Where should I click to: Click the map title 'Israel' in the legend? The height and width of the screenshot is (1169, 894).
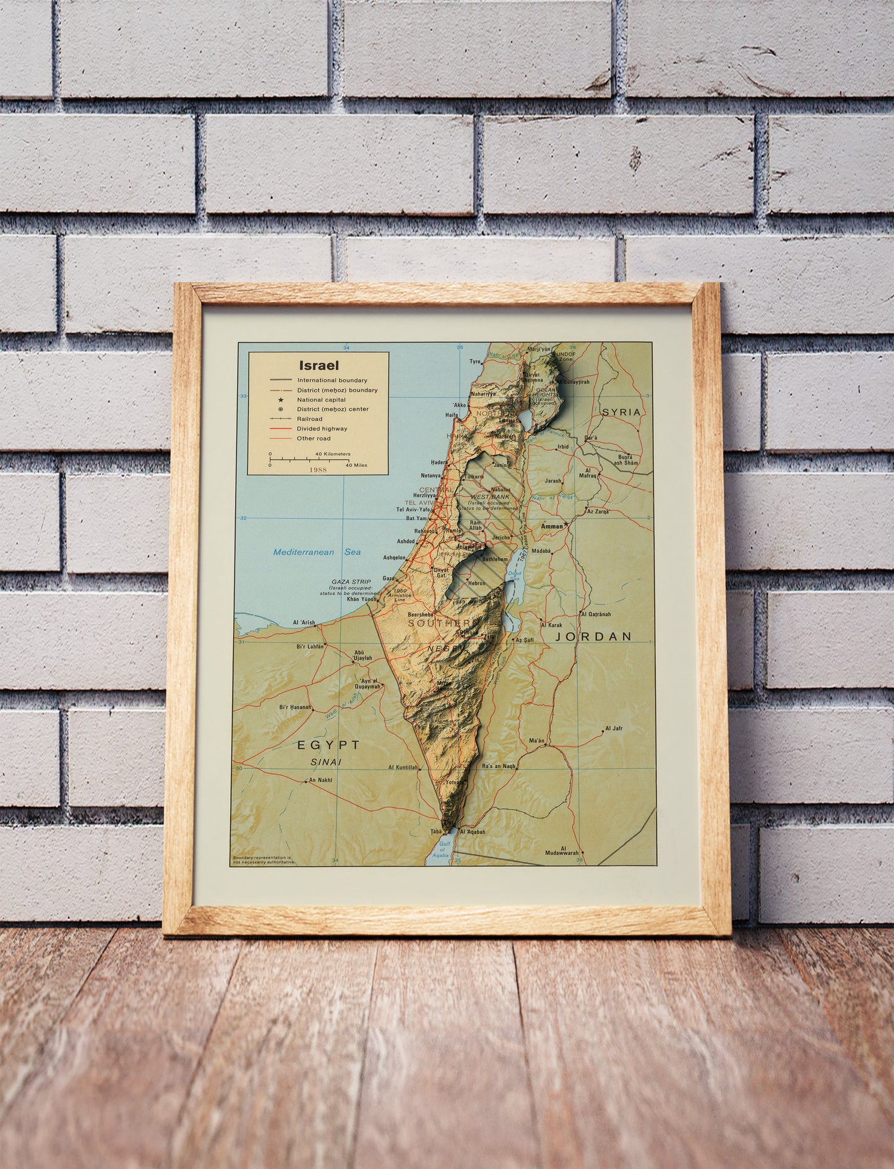(319, 366)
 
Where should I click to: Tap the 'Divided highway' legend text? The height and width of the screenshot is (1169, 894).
(322, 429)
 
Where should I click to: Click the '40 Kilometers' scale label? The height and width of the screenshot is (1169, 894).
(333, 454)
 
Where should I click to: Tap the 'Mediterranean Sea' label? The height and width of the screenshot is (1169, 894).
(317, 552)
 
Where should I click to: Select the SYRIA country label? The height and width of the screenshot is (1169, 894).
(622, 412)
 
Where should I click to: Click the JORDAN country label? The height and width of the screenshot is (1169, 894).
(593, 636)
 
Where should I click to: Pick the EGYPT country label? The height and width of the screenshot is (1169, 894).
(328, 745)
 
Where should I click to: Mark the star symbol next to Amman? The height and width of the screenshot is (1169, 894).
(566, 525)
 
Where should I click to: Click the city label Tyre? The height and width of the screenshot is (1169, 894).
(475, 362)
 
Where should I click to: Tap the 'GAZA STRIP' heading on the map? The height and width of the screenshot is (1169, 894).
(351, 582)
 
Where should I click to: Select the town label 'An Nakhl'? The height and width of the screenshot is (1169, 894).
(320, 780)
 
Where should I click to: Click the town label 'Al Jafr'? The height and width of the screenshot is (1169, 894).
(614, 728)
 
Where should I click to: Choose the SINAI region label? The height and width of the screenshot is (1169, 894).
(327, 762)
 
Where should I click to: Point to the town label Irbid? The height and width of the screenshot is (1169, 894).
(562, 447)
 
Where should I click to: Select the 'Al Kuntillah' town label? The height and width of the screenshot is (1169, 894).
(403, 767)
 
